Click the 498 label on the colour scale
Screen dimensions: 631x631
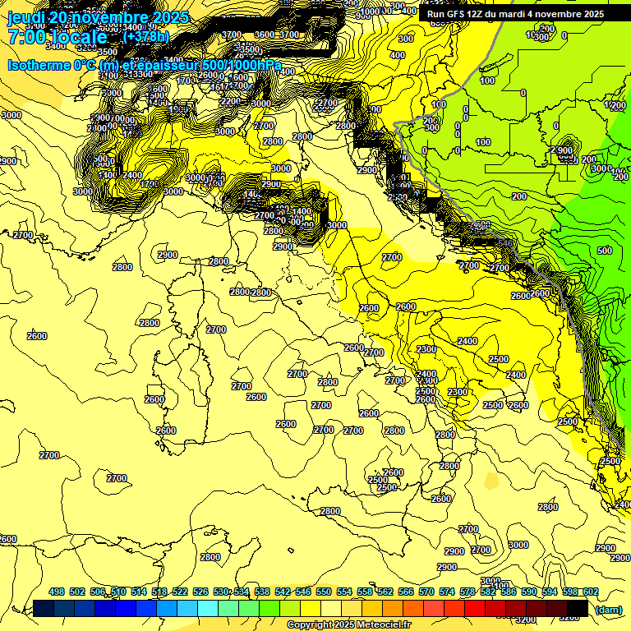(x=57, y=592)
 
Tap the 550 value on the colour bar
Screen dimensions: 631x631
(x=324, y=592)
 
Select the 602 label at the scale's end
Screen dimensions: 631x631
(x=590, y=592)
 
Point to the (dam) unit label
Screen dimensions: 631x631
(x=608, y=610)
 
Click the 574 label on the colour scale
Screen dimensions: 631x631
(x=447, y=592)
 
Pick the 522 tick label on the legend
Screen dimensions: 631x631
(x=180, y=592)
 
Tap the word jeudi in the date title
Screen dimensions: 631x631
(x=26, y=17)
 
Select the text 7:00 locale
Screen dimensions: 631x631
(x=58, y=37)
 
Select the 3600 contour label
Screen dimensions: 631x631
(x=265, y=35)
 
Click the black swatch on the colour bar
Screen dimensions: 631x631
(x=577, y=608)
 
